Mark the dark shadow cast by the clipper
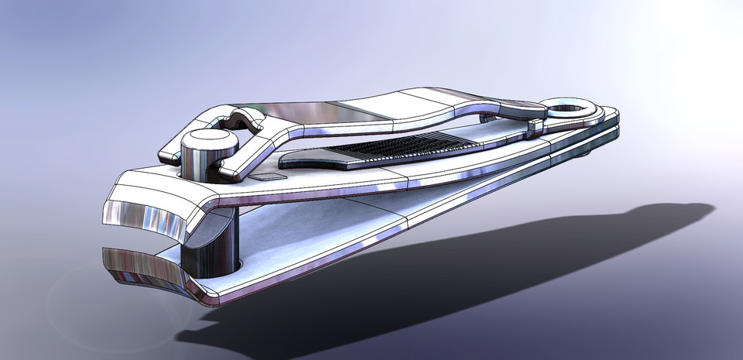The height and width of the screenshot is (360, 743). (433, 279)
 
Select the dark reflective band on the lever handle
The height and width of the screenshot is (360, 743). (364, 111)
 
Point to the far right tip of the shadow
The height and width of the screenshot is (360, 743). (708, 207)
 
